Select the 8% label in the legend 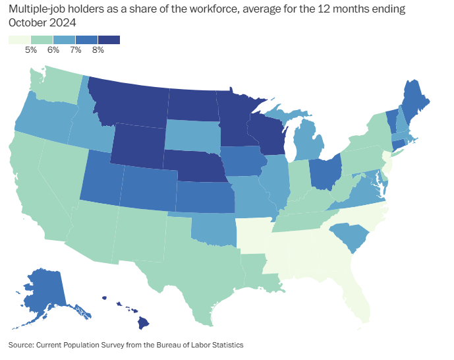(98, 49)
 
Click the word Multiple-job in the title (36, 9)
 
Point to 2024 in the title (63, 22)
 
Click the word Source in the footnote (20, 345)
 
